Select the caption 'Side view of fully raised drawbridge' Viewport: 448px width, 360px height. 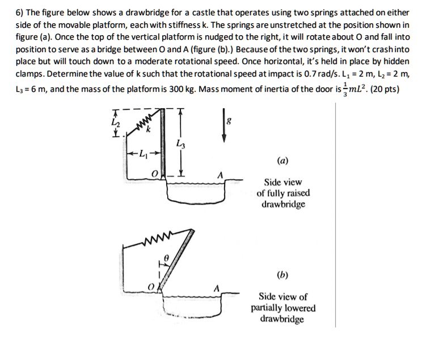(283, 193)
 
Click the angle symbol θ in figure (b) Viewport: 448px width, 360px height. (166, 257)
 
